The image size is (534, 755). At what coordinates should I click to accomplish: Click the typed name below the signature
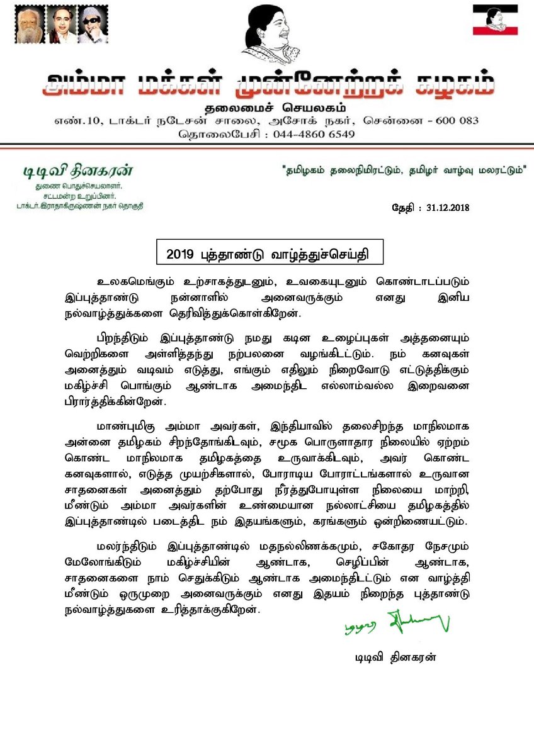[395, 658]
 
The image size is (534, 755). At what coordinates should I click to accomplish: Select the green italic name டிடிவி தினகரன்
[78, 172]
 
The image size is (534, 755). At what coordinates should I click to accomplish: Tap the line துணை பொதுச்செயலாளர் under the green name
[78, 187]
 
